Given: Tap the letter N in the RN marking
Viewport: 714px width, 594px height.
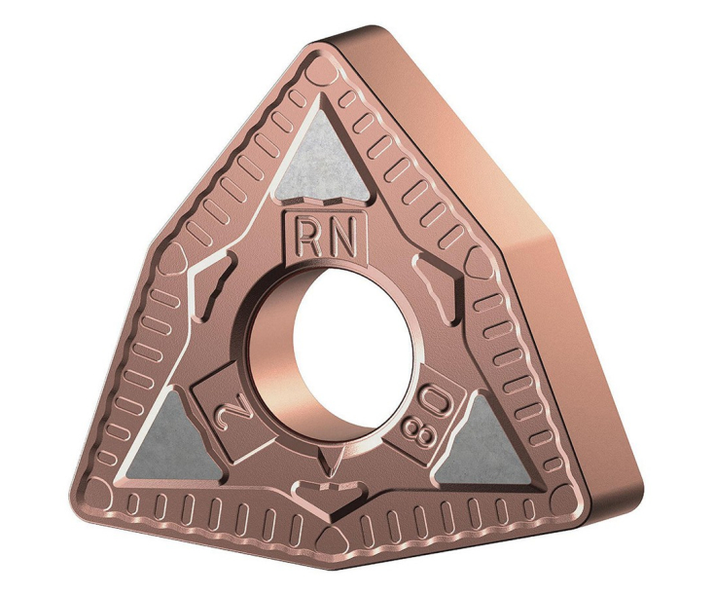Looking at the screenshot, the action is tap(340, 239).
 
